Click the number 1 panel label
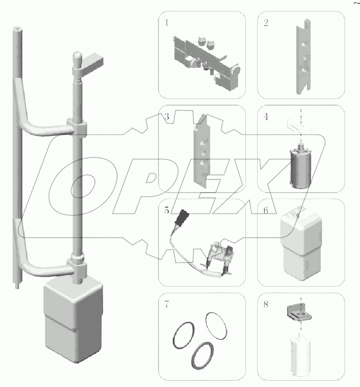pyautogui.click(x=167, y=23)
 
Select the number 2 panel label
pyautogui.click(x=266, y=23)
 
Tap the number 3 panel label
pyautogui.click(x=167, y=116)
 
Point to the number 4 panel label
pyautogui.click(x=266, y=116)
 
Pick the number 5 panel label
pyautogui.click(x=167, y=210)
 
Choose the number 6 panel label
pyautogui.click(x=266, y=210)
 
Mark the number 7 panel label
pyautogui.click(x=167, y=305)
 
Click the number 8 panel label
pyautogui.click(x=266, y=305)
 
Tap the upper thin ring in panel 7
pyautogui.click(x=216, y=326)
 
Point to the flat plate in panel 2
pyautogui.click(x=303, y=57)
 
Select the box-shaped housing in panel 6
pyautogui.click(x=301, y=244)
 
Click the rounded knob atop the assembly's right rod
pyautogui.click(x=77, y=59)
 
